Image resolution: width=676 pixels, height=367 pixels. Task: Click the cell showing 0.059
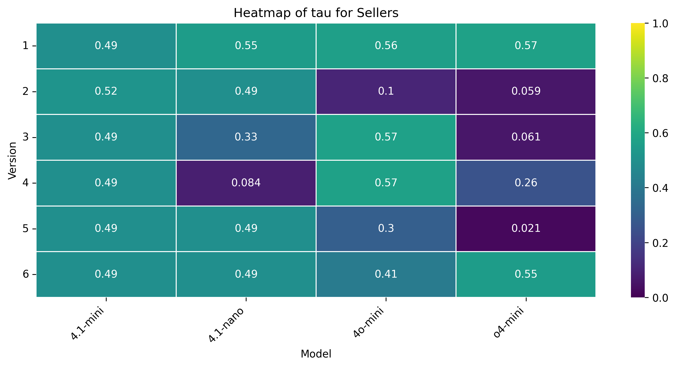point(526,91)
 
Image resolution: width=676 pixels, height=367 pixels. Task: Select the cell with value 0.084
point(246,182)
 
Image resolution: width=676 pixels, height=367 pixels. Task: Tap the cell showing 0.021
point(526,228)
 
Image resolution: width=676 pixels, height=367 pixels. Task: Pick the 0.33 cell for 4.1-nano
point(246,137)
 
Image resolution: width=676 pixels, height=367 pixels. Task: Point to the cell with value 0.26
point(526,182)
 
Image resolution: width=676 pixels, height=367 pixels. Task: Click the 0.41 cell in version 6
point(386,274)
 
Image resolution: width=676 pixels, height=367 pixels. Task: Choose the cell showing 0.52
point(106,91)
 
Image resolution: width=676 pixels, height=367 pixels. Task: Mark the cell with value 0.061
point(526,137)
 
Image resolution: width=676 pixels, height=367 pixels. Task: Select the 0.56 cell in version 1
point(386,45)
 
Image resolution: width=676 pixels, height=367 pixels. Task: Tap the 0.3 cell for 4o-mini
point(386,228)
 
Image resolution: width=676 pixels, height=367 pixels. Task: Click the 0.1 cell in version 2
point(386,91)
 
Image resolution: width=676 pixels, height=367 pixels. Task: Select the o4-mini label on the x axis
point(509,322)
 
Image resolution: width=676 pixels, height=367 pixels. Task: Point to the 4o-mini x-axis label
point(369,322)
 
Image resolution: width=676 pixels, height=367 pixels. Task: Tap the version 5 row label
point(26,228)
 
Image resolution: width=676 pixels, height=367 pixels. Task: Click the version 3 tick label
point(26,137)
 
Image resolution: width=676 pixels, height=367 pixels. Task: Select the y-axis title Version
point(12,160)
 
